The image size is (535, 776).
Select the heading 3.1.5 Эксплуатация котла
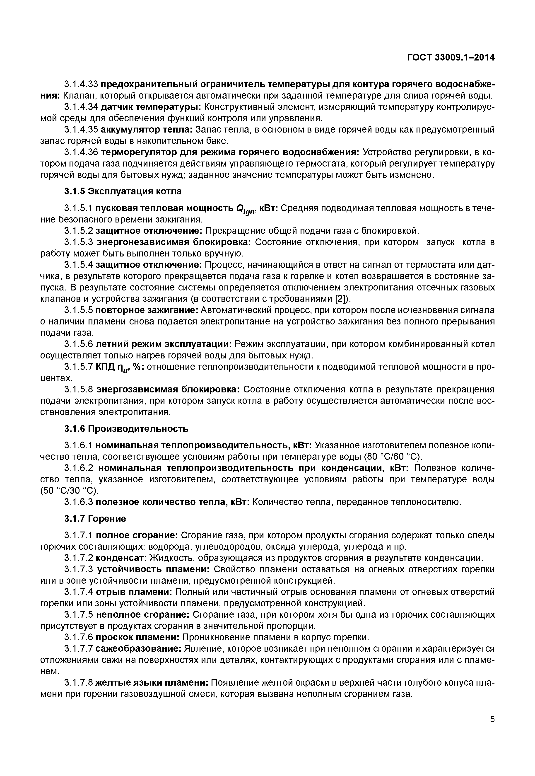pos(123,191)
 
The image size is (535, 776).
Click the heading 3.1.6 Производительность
pos(126,429)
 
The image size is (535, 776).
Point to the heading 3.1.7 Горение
pos(95,519)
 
